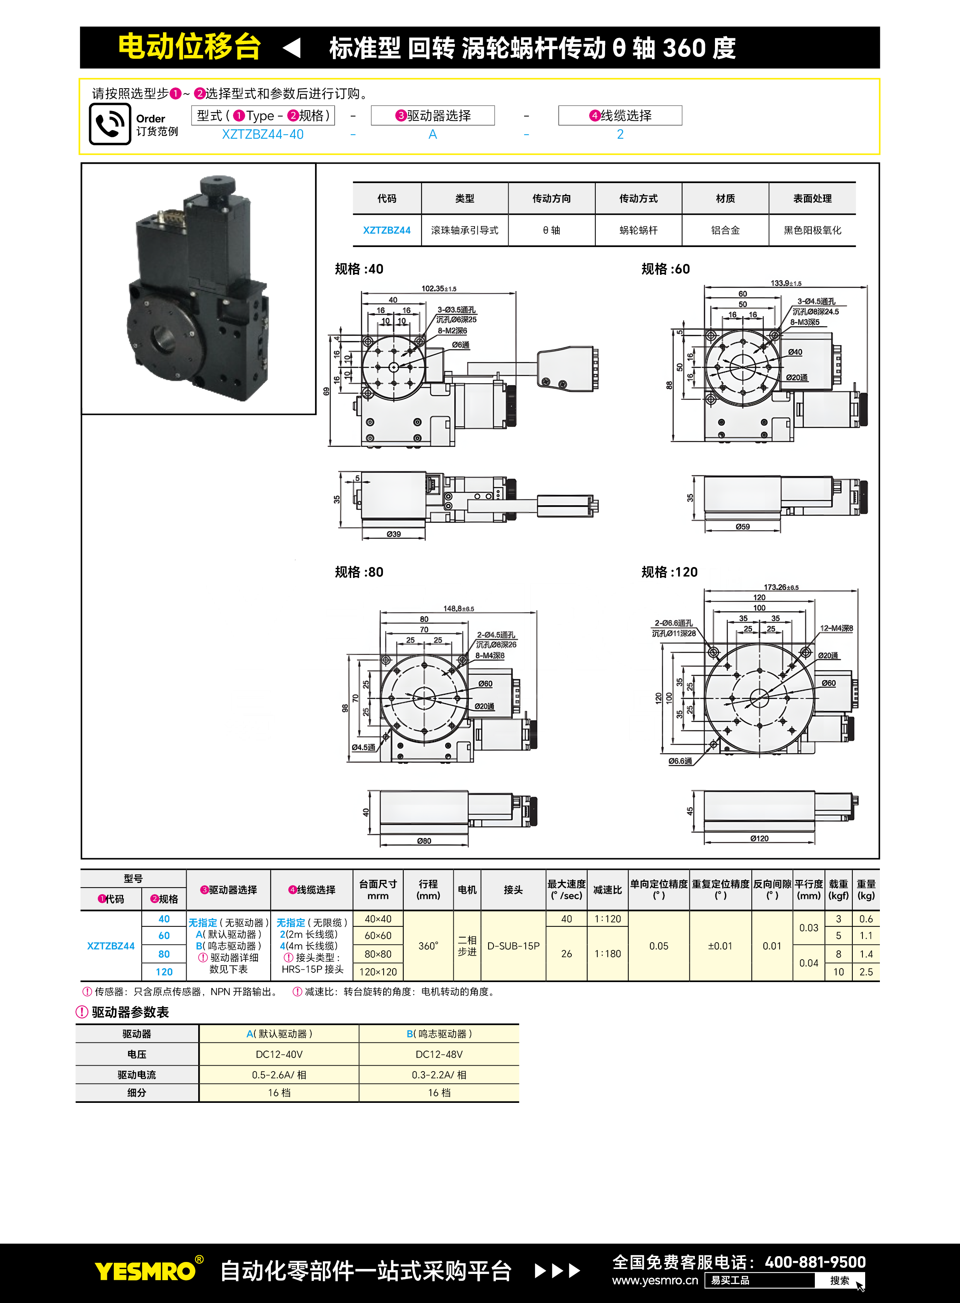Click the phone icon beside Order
coord(110,124)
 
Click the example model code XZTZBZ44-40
coord(263,134)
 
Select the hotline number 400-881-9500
coord(815,1262)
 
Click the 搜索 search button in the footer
coord(839,1280)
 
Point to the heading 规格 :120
coord(669,572)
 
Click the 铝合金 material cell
coord(725,230)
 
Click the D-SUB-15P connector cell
coord(513,946)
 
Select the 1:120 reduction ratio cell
coord(607,919)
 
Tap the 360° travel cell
coord(428,946)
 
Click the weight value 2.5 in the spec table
coord(866,972)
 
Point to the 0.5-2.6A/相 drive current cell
coord(279,1075)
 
